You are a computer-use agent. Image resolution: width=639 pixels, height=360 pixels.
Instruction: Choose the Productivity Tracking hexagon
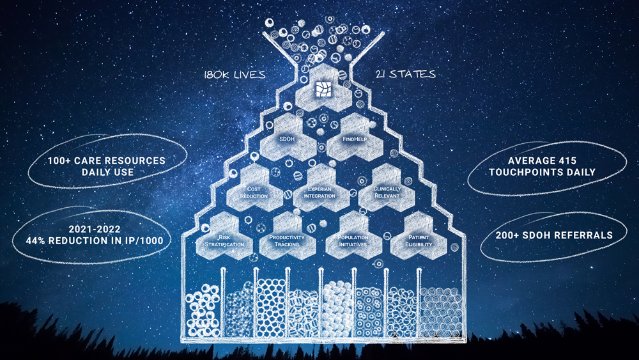pos(286,240)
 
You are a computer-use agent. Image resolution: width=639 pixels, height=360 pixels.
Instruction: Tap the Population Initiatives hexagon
pos(353,240)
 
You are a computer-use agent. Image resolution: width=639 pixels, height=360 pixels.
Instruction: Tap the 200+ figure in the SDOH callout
pos(510,235)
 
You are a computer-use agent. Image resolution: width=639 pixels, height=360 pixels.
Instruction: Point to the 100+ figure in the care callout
pos(63,160)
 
